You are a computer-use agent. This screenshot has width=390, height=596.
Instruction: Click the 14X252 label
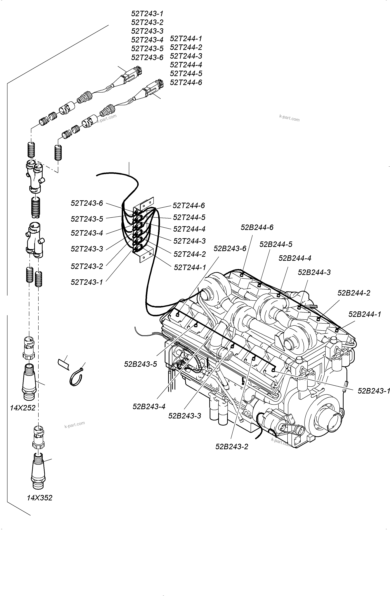(23, 408)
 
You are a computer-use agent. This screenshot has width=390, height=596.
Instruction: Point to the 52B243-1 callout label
(373, 391)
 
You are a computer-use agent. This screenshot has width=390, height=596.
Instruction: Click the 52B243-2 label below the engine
(231, 446)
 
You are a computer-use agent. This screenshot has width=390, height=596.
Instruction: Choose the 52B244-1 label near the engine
(365, 314)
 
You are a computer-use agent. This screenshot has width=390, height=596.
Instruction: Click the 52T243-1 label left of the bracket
(87, 282)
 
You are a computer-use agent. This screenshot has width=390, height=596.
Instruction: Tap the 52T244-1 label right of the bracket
(190, 267)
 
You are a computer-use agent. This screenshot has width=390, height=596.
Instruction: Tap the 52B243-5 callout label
(140, 364)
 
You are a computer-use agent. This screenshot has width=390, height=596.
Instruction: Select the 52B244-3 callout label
(314, 272)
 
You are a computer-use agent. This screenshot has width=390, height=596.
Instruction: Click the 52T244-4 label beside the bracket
(189, 229)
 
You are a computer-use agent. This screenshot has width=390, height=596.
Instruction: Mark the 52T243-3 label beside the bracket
(87, 249)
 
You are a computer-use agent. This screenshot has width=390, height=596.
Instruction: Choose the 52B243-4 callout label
(149, 406)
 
